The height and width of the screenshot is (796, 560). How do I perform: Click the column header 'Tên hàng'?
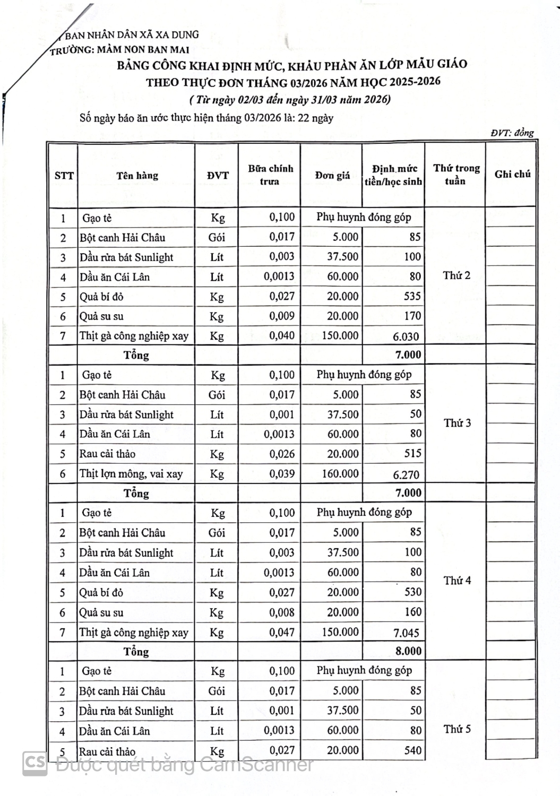[x=137, y=176]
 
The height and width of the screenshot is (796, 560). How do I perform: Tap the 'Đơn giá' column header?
[x=332, y=175]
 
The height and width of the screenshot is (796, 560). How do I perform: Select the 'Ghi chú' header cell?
[x=512, y=174]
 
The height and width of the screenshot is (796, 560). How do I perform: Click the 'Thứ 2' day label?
[x=456, y=275]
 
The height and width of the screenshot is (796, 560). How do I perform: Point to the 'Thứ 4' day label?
[x=457, y=581]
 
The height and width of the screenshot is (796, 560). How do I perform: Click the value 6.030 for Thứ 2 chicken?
[x=406, y=336]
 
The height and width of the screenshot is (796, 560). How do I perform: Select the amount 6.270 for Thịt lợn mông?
[x=406, y=475]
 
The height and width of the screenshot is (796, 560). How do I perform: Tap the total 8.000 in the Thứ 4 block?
[x=408, y=651]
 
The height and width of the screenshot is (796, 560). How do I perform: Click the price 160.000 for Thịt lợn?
[x=340, y=473]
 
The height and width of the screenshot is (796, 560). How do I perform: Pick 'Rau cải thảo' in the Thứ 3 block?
[x=107, y=454]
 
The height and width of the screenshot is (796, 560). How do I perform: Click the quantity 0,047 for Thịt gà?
[x=281, y=632]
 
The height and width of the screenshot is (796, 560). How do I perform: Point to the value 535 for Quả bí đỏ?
[x=412, y=296]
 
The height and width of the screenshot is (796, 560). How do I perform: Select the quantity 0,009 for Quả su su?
[x=281, y=316]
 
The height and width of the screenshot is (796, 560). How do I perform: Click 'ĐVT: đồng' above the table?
[x=512, y=133]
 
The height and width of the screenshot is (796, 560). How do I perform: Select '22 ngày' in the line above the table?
[x=315, y=118]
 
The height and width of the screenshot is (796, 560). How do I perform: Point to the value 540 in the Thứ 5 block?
[x=412, y=750]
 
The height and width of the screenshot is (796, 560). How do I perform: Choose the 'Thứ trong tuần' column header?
[x=456, y=174]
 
